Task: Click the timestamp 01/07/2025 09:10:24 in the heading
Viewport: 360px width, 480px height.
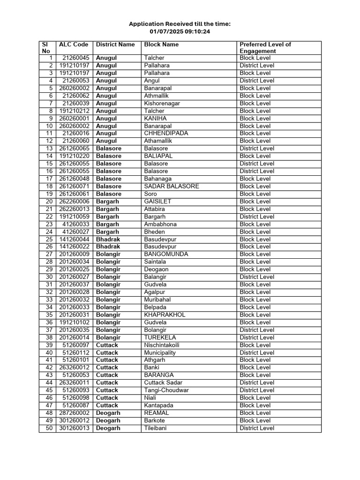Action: [180, 31]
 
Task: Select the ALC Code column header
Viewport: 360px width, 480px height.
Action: [73, 45]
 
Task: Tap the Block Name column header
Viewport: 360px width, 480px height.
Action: [161, 45]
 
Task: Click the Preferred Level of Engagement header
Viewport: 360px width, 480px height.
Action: [265, 48]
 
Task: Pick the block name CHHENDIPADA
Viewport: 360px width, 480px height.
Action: [166, 133]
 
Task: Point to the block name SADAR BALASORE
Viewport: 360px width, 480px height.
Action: [172, 186]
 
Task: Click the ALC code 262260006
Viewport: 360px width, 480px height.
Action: [74, 201]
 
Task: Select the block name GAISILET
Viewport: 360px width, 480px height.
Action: [157, 201]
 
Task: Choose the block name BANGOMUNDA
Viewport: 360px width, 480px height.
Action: [166, 254]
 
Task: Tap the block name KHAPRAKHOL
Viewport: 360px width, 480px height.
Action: [165, 315]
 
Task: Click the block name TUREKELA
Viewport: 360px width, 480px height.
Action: [160, 337]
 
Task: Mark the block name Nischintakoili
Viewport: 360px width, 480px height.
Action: [162, 345]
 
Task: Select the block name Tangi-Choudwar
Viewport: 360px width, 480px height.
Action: [166, 390]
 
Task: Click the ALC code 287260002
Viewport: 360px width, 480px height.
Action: [74, 413]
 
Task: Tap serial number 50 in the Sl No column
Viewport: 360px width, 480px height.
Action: [49, 428]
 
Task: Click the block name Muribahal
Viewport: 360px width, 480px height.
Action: [157, 300]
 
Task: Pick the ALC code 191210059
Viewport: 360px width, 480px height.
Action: [74, 217]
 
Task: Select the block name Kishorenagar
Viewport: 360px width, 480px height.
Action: [162, 103]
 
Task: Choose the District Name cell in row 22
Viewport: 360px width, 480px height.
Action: [107, 217]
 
